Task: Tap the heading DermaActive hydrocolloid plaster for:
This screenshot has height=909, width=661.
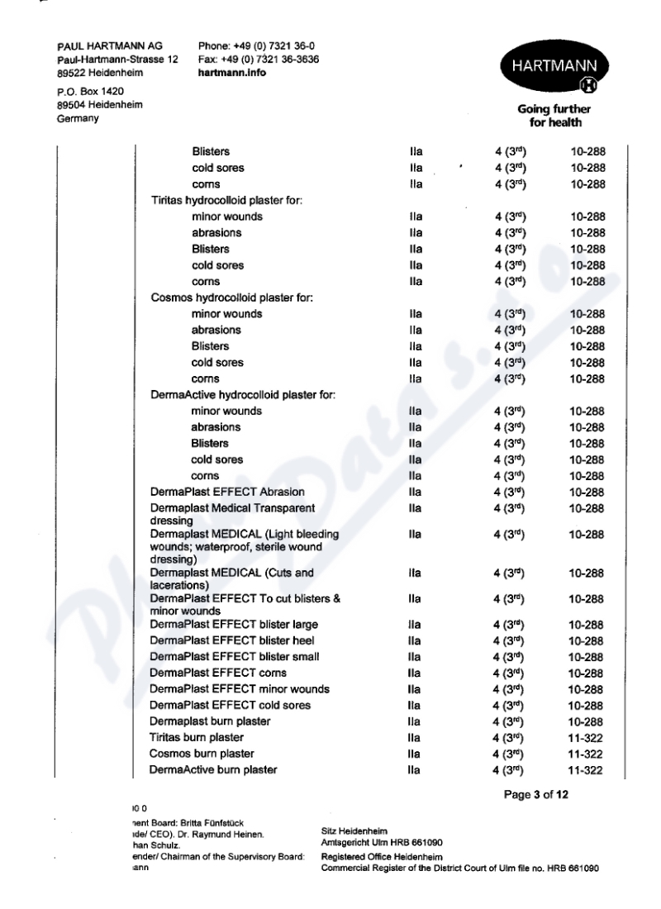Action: pyautogui.click(x=241, y=395)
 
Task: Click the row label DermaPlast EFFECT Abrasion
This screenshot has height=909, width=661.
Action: pyautogui.click(x=216, y=492)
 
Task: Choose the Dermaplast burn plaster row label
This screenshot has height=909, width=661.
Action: pyautogui.click(x=210, y=721)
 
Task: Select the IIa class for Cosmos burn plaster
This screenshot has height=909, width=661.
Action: pyautogui.click(x=415, y=754)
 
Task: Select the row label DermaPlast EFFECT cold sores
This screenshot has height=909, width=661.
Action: pyautogui.click(x=230, y=705)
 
